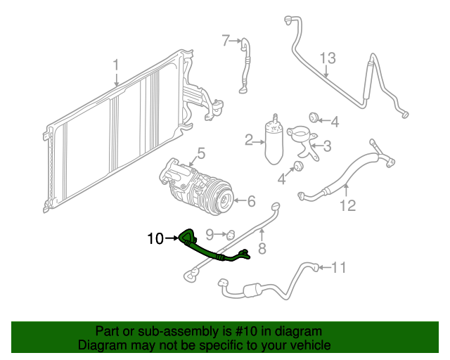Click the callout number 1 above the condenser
tap(115, 65)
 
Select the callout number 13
tap(328, 58)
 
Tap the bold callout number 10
tap(155, 238)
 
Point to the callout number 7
tap(226, 41)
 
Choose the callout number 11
tap(339, 268)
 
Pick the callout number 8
tap(262, 249)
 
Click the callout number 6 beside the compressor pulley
tap(252, 201)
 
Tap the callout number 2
tap(248, 141)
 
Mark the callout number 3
tap(327, 146)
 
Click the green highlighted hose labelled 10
tap(212, 249)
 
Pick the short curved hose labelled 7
tap(245, 66)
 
